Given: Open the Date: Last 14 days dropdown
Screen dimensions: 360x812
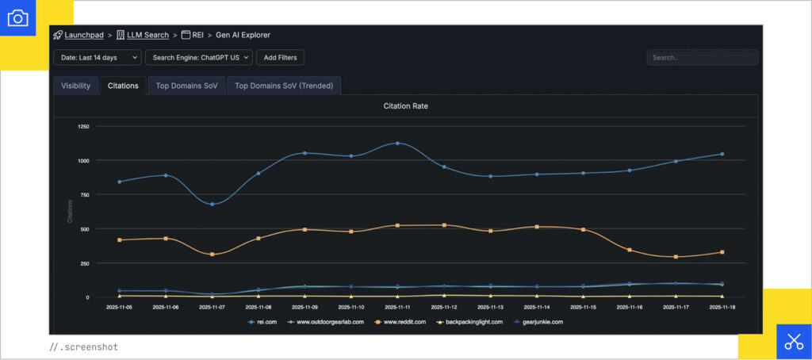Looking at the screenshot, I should pos(98,57).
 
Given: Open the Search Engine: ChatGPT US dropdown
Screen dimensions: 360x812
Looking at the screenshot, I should pos(198,57).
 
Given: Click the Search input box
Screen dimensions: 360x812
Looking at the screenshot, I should pos(702,57).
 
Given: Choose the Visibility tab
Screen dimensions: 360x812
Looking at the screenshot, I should pos(76,86).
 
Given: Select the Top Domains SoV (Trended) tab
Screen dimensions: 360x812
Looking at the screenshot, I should pos(284,86).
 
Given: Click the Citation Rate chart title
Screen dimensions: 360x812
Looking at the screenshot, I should pos(405,105).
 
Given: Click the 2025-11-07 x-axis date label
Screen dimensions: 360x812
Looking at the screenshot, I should pos(212,306).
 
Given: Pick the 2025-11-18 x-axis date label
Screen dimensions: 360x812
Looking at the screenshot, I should pos(721,306).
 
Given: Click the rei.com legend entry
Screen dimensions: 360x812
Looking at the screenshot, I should pos(265,322).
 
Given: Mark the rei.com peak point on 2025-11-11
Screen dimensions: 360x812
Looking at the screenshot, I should pos(396,144).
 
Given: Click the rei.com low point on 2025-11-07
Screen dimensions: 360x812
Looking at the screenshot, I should pos(212,204).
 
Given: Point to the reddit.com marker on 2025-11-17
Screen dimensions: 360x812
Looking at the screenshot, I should pos(676,257).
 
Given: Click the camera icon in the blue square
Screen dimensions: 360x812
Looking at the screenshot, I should pos(17,17).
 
